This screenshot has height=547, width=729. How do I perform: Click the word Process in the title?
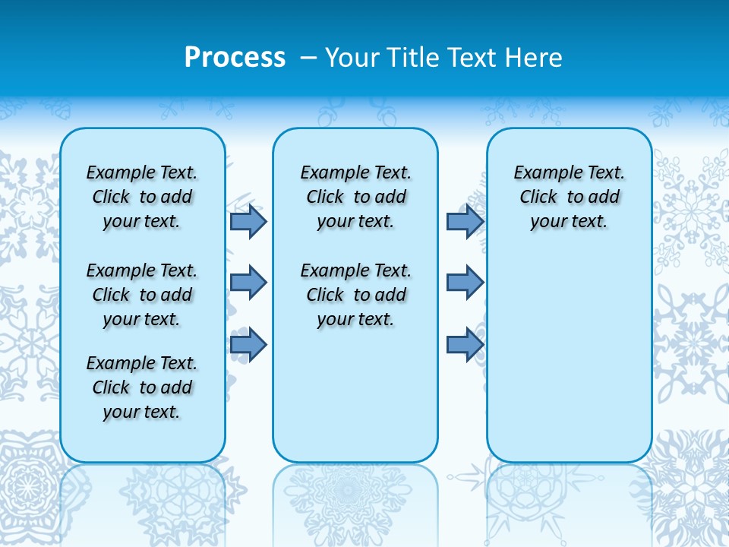tap(235, 58)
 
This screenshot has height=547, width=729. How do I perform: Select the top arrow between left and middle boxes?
tap(248, 221)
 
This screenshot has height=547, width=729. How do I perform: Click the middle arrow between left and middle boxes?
tap(248, 283)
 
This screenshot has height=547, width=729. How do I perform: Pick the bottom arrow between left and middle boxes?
tap(248, 345)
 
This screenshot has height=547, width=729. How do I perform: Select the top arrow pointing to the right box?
tap(465, 221)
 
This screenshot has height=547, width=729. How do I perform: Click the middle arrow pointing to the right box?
tap(465, 283)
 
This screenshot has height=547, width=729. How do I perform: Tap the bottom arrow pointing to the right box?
tap(465, 345)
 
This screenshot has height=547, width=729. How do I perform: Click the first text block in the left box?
tap(142, 197)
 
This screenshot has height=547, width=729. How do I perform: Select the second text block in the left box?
tap(142, 295)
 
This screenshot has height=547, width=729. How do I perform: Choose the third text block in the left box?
tap(142, 387)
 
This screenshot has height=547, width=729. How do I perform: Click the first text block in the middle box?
tap(355, 197)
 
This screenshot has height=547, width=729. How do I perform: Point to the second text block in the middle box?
tap(355, 295)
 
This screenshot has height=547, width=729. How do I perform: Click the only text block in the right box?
tap(569, 197)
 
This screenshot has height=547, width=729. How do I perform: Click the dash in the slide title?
tap(308, 58)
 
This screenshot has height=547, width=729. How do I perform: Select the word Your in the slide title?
tap(353, 58)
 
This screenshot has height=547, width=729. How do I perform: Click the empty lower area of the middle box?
tap(355, 395)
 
